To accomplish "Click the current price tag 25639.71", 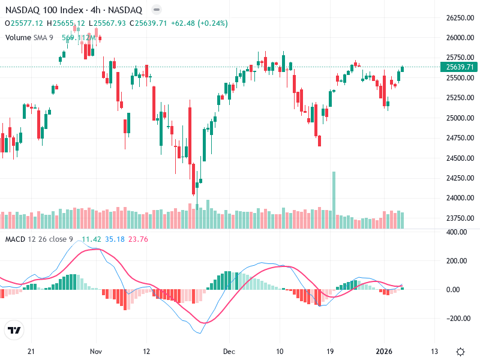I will tap(458, 67).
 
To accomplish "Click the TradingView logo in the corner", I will tap(14, 330).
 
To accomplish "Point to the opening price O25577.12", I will tap(24, 23).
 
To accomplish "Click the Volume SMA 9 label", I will tap(29, 37).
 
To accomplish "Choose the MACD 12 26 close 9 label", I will tap(40, 239).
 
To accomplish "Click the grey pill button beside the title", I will tap(156, 10).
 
